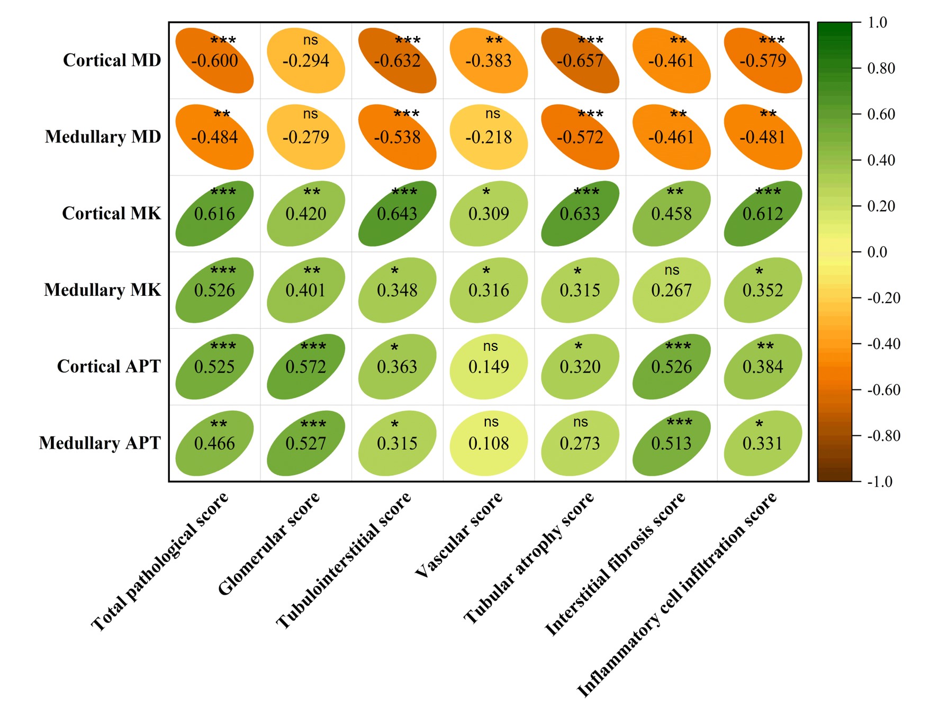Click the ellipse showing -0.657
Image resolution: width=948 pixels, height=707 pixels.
click(580, 60)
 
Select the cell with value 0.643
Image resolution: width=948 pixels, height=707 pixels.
click(398, 213)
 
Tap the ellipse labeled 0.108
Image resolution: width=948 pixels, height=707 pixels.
click(489, 443)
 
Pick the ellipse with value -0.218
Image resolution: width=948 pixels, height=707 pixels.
click(489, 137)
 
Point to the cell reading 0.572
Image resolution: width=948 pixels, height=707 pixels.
click(306, 366)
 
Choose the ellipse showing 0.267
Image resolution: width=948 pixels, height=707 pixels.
click(672, 290)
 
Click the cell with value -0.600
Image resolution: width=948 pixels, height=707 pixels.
click(214, 60)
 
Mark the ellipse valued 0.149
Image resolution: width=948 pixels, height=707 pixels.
click(489, 366)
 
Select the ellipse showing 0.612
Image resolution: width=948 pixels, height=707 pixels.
click(763, 213)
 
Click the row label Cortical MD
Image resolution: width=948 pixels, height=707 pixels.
click(112, 60)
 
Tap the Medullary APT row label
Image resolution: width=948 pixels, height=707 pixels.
click(100, 443)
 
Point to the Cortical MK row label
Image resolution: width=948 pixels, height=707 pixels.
click(111, 213)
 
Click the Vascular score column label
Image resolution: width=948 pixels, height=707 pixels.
click(458, 534)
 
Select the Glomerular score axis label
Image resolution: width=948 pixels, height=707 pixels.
click(269, 543)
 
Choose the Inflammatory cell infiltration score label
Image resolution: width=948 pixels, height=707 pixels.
click(677, 594)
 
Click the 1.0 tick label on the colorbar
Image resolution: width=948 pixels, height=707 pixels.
click(877, 22)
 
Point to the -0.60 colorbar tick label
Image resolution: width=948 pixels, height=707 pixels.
click(883, 390)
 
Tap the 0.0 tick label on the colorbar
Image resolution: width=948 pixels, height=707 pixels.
click(877, 252)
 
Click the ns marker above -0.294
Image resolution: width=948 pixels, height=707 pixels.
click(310, 40)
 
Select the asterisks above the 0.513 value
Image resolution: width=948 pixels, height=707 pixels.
click(679, 422)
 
